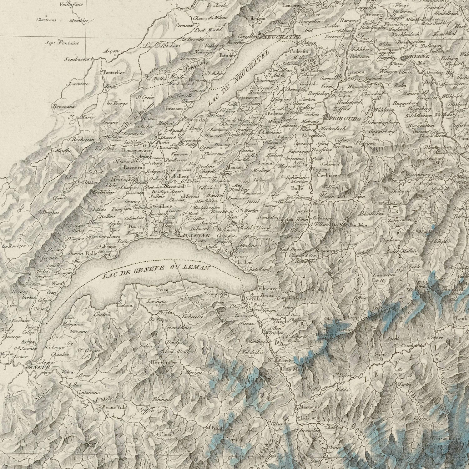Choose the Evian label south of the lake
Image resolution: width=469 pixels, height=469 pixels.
pyautogui.click(x=162, y=290)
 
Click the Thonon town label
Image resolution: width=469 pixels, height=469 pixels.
pyautogui.click(x=124, y=305)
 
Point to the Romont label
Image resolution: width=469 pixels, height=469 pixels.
pyautogui.click(x=266, y=163)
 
